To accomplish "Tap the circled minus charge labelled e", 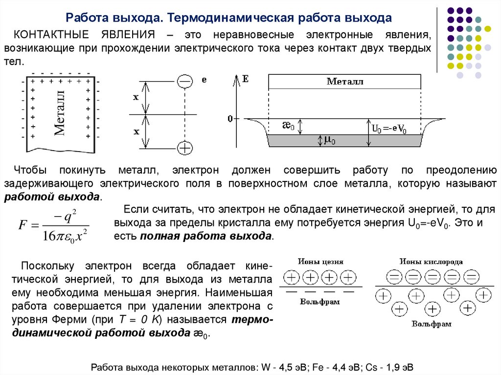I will (x=184, y=81).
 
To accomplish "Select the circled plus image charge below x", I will (x=184, y=148).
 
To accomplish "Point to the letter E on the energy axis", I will (x=245, y=78).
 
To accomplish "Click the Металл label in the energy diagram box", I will (x=345, y=82).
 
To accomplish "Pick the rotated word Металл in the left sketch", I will (x=59, y=112).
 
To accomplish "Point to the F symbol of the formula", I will (x=22, y=225).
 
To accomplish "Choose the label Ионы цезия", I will (x=320, y=262).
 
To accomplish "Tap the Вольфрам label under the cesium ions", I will (x=320, y=302).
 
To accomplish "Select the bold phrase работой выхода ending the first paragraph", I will (x=52, y=197).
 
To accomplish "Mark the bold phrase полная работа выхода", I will (x=206, y=236).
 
